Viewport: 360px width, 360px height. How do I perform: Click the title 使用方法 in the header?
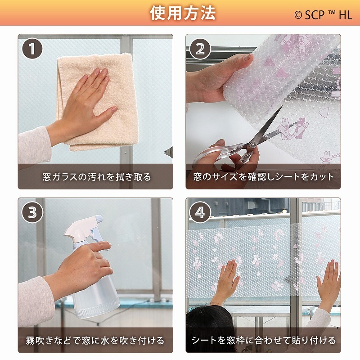(183, 13)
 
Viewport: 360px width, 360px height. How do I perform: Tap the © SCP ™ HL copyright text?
(323, 14)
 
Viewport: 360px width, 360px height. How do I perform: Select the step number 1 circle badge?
(32, 49)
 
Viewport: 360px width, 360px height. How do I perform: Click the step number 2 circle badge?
(200, 49)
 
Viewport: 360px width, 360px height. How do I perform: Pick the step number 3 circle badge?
(32, 212)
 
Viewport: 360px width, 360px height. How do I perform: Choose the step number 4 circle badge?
(200, 212)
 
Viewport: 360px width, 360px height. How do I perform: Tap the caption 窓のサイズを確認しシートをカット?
(264, 177)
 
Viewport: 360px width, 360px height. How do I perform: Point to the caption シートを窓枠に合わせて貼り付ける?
(264, 340)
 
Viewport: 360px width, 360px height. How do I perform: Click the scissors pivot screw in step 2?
(252, 144)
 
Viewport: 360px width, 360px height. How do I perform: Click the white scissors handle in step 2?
(211, 153)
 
